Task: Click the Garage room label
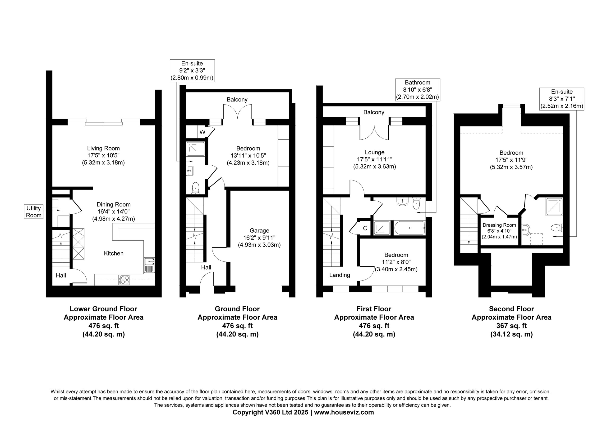click(259, 230)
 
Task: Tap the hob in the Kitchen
click(124, 280)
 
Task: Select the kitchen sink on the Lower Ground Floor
click(150, 265)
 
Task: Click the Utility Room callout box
click(34, 212)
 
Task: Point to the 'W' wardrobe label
click(202, 132)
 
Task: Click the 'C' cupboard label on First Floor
click(365, 228)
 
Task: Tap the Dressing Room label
click(499, 225)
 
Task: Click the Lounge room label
click(375, 152)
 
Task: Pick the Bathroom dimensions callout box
click(418, 90)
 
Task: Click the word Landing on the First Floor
click(340, 275)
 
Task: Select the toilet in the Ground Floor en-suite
click(196, 188)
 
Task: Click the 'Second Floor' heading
click(511, 309)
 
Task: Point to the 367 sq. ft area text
click(511, 326)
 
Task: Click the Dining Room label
click(114, 204)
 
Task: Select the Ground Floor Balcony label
click(237, 99)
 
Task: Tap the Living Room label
click(103, 148)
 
